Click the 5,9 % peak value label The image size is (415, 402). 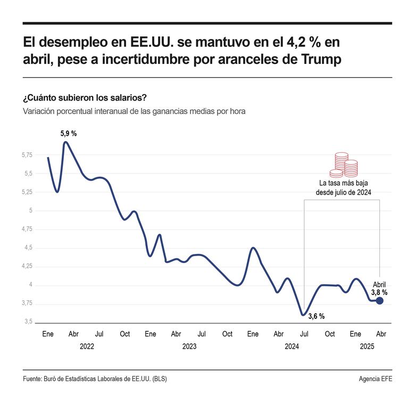click(68, 134)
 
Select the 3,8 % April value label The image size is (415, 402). click(379, 292)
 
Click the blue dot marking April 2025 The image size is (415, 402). click(379, 301)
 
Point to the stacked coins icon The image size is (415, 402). click(343, 165)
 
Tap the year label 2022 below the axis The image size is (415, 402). click(87, 346)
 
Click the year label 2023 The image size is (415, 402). click(189, 346)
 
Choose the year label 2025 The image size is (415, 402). click(367, 346)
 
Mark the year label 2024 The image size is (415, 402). click(292, 346)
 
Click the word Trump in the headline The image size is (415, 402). click(321, 60)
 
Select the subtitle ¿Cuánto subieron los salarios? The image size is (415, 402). click(85, 99)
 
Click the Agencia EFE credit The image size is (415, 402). click(375, 379)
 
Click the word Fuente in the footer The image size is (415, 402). click(33, 379)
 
